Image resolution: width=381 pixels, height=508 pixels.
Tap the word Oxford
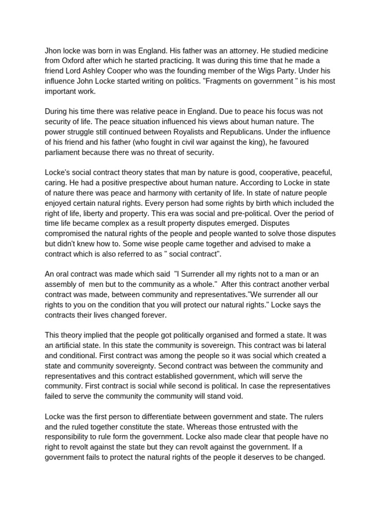pyautogui.click(x=75, y=61)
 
